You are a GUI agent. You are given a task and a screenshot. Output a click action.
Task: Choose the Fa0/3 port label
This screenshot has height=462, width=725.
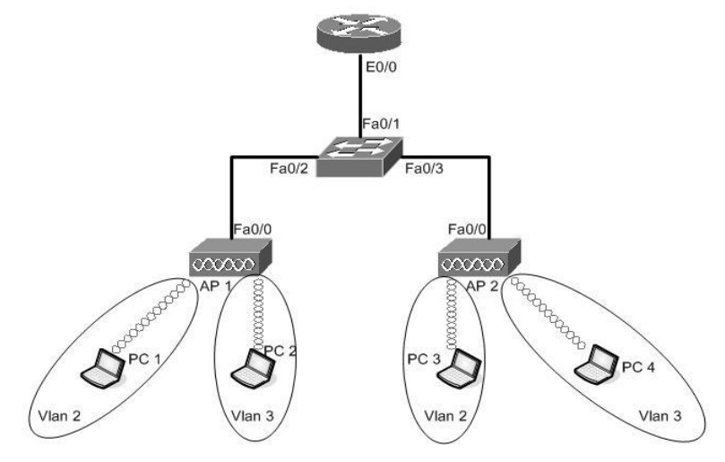[x=426, y=168]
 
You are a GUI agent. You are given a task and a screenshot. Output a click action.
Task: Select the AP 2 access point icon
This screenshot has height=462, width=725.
[x=477, y=260]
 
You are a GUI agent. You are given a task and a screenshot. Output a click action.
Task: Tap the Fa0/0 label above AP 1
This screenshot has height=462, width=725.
[x=253, y=231]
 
